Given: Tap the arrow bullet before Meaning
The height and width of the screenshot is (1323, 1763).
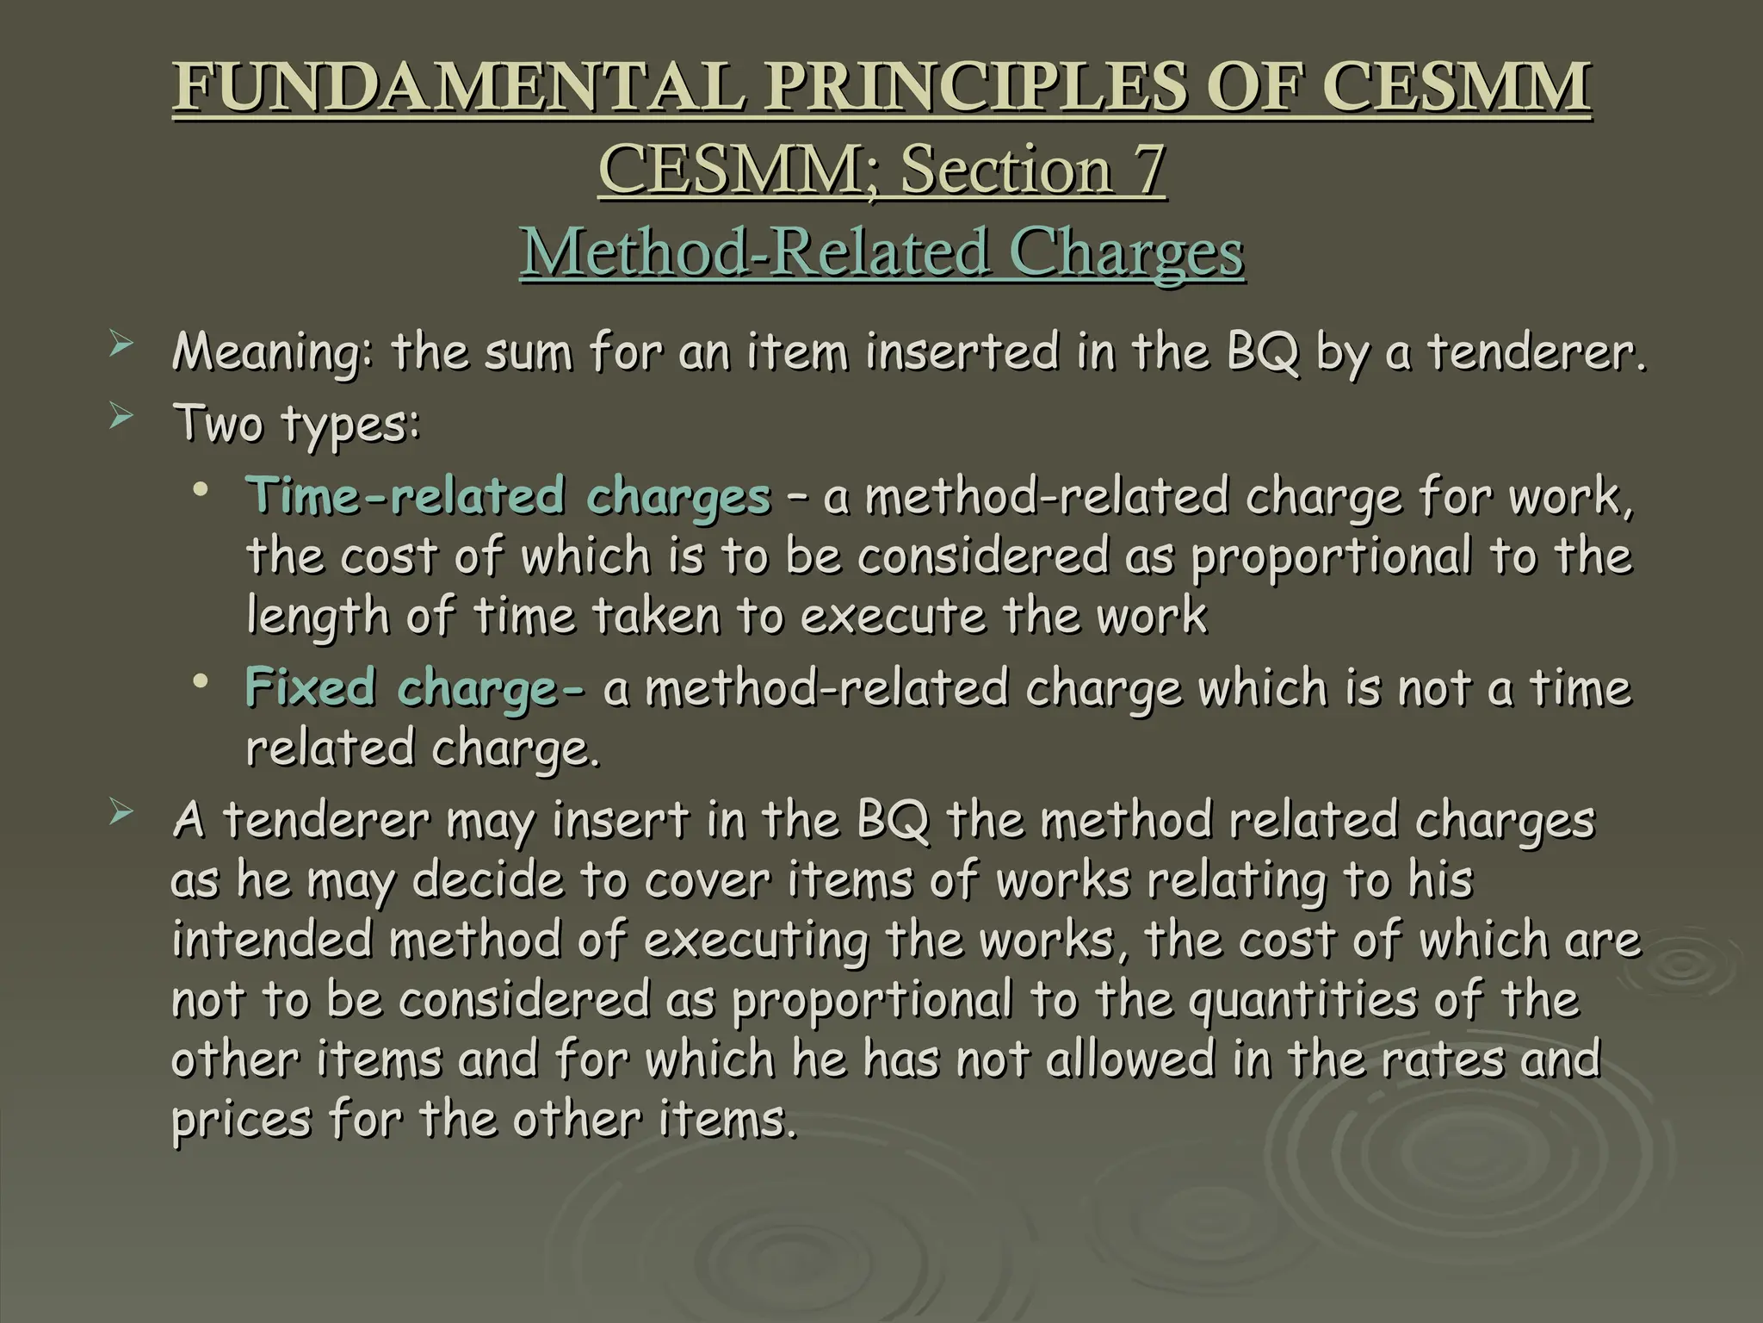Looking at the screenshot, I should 122,347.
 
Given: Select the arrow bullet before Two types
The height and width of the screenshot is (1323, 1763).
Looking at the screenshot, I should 122,419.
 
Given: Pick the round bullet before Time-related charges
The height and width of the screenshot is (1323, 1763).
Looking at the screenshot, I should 201,491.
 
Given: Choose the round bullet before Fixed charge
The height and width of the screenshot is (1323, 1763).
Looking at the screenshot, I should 201,683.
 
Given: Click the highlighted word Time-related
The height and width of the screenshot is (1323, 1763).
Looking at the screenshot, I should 405,497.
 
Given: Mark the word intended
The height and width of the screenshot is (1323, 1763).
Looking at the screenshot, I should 271,941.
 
